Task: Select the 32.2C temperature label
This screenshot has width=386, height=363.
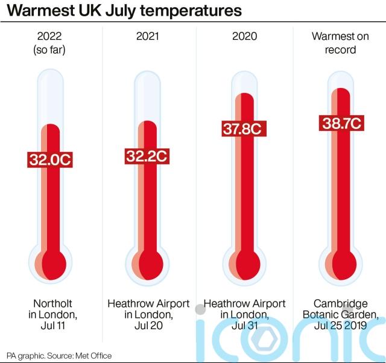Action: tap(147, 156)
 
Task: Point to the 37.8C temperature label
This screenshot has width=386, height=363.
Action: tap(243, 129)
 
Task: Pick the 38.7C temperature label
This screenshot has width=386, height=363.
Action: tap(340, 124)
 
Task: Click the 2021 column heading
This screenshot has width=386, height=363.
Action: tap(148, 37)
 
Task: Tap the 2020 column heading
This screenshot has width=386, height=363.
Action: tap(244, 37)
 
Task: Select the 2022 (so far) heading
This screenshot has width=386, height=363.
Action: tap(51, 43)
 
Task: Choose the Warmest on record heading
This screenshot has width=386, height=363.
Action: tap(340, 43)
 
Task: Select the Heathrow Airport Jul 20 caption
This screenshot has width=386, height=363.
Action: tap(148, 315)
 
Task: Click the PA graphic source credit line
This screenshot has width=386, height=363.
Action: tap(59, 356)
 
